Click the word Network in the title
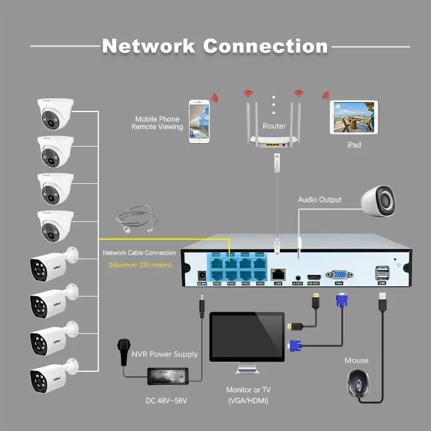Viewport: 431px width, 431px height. pyautogui.click(x=148, y=46)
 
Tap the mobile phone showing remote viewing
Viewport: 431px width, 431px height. pyautogui.click(x=199, y=122)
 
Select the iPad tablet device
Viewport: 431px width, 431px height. pyautogui.click(x=353, y=118)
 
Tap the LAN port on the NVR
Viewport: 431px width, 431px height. pyautogui.click(x=278, y=274)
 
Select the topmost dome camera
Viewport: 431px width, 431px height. pyautogui.click(x=55, y=113)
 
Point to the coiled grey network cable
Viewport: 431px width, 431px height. pyautogui.click(x=136, y=219)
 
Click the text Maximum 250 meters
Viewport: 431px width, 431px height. pyautogui.click(x=140, y=265)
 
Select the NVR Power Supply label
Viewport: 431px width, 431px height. pyautogui.click(x=165, y=354)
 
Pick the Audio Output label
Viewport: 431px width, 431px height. pyautogui.click(x=320, y=199)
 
